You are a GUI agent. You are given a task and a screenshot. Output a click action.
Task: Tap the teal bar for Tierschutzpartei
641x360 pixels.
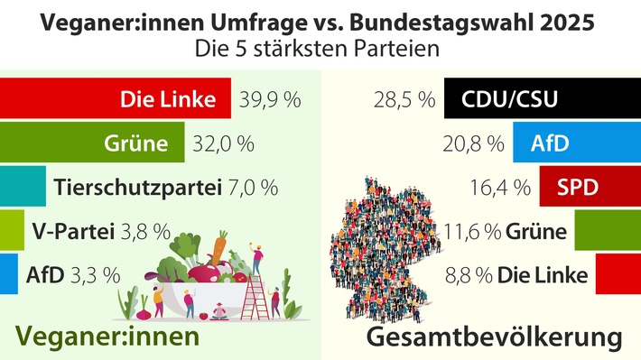23,187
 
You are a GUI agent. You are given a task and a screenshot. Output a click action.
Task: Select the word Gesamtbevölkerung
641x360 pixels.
496,338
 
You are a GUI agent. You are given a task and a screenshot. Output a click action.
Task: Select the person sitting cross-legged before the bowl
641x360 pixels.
217,314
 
